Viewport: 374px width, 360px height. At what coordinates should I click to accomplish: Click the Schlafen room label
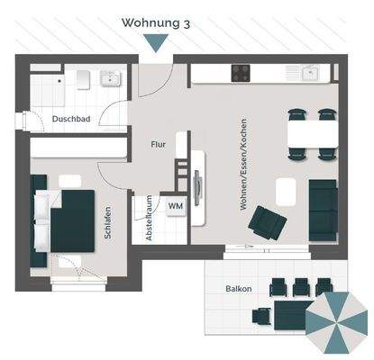pos(109,221)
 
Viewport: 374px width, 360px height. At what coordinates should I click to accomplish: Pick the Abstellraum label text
pos(150,220)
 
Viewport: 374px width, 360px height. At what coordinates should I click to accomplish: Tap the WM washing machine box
pos(175,206)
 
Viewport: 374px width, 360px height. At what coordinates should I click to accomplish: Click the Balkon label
pos(239,289)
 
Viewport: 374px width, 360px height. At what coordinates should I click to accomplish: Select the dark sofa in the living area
pos(323,210)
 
